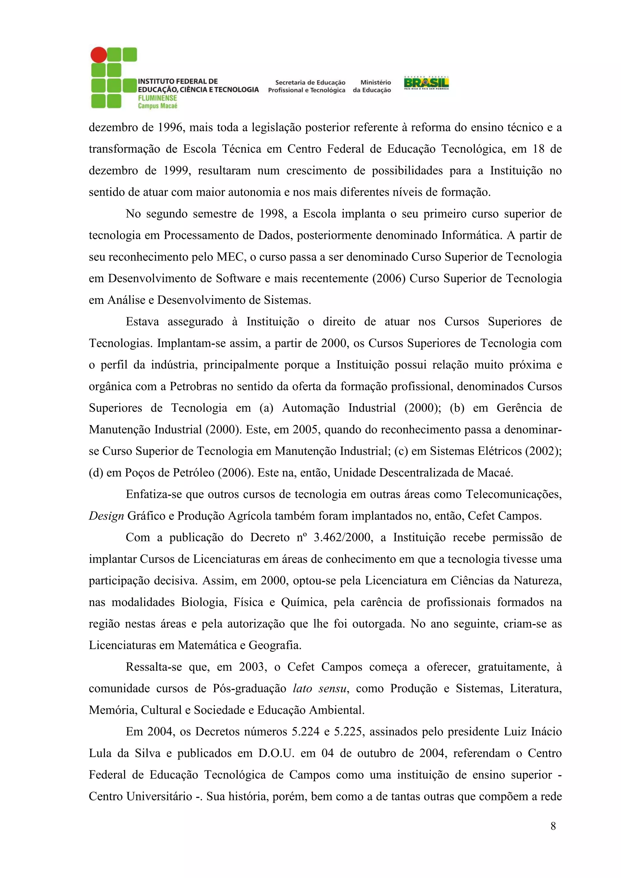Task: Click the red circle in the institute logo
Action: [x=99, y=55]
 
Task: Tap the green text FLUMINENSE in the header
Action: [x=157, y=98]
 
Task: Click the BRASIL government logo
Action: [x=426, y=83]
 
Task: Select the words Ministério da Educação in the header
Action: [x=372, y=86]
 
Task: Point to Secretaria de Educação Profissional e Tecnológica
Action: [x=307, y=86]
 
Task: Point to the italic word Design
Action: [x=106, y=516]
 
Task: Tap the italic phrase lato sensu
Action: [x=320, y=688]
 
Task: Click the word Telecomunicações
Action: [x=513, y=494]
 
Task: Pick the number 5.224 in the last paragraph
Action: [x=305, y=732]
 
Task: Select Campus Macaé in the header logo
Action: [x=158, y=106]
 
